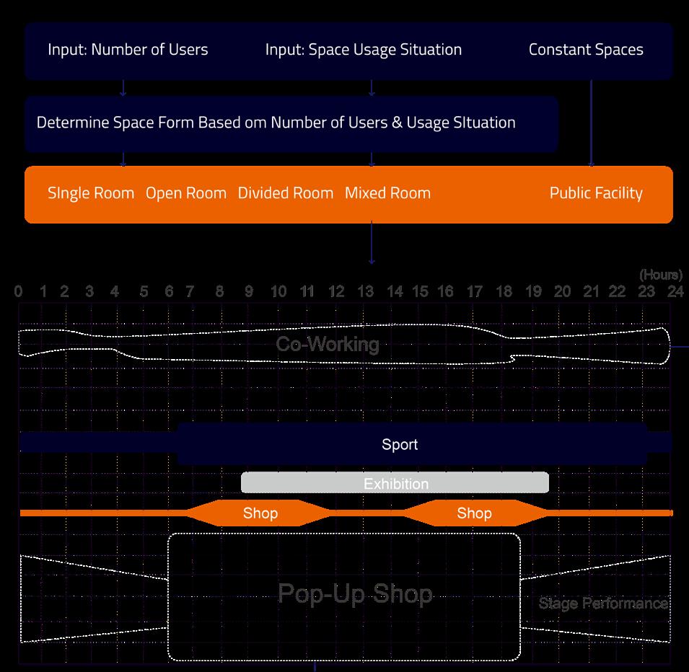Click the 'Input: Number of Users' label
click(x=128, y=50)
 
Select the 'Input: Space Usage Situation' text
click(x=363, y=50)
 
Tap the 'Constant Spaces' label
click(x=586, y=50)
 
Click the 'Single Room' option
click(x=91, y=193)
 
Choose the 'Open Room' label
click(x=186, y=193)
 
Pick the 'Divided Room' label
click(x=286, y=193)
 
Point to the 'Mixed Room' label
click(x=387, y=193)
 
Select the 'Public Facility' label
click(x=596, y=193)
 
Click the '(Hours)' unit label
click(x=660, y=275)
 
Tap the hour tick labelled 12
click(x=336, y=292)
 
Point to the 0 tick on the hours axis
click(x=18, y=292)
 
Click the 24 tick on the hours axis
click(x=675, y=292)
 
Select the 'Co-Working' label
click(x=328, y=344)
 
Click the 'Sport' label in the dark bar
click(x=400, y=445)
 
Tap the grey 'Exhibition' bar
click(x=395, y=484)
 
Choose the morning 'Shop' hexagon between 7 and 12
click(x=260, y=513)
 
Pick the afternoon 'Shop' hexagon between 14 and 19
click(x=474, y=513)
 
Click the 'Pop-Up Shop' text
click(x=355, y=593)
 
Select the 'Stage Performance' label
click(x=603, y=604)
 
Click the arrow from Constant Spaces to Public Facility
click(x=592, y=123)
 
